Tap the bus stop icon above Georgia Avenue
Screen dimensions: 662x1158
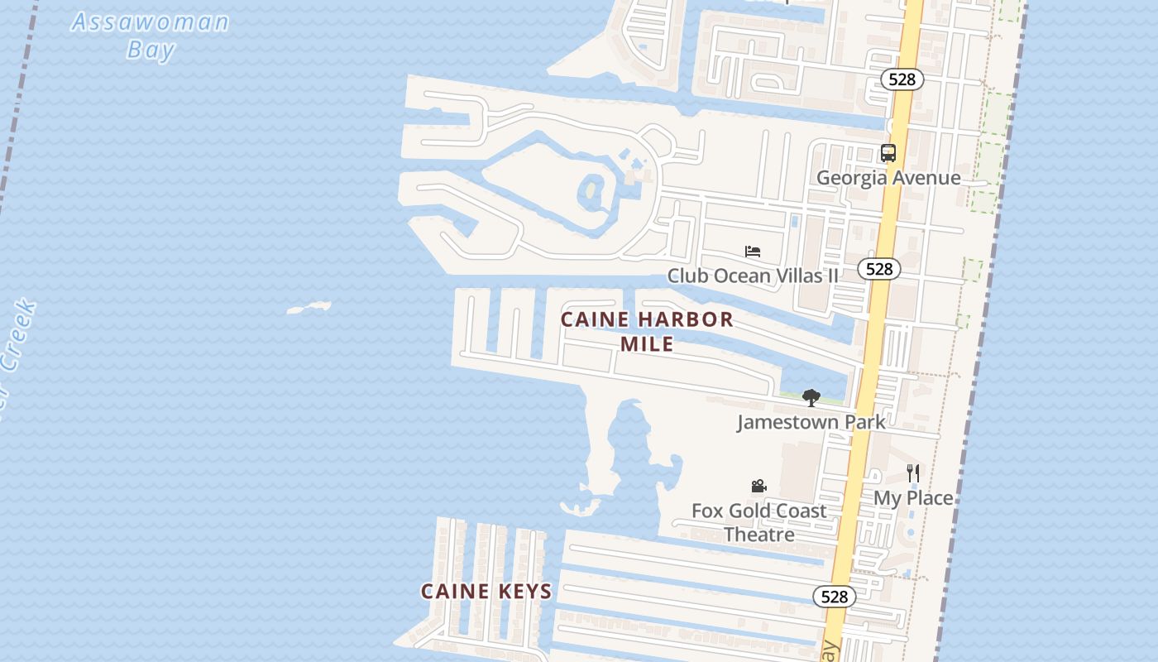(888, 153)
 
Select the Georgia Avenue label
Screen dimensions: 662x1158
(888, 178)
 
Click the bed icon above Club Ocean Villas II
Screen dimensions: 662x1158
(752, 252)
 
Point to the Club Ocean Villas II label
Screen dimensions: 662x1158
(753, 276)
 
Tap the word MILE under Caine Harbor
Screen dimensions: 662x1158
(647, 343)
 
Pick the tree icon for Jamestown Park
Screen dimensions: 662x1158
(811, 398)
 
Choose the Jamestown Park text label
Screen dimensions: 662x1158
(811, 422)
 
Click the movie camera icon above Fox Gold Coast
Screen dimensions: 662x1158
(758, 487)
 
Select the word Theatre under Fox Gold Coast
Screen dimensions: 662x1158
(759, 535)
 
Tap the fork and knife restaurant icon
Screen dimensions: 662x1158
(913, 473)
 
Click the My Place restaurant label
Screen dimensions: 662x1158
(913, 498)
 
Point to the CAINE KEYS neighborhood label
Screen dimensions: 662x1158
(486, 592)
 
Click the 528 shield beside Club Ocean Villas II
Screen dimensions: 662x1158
(878, 269)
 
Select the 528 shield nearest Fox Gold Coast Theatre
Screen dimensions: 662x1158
(835, 596)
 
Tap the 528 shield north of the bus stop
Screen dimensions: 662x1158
(902, 79)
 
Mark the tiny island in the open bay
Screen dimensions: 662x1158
(309, 309)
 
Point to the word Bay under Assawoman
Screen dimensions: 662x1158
(151, 50)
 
